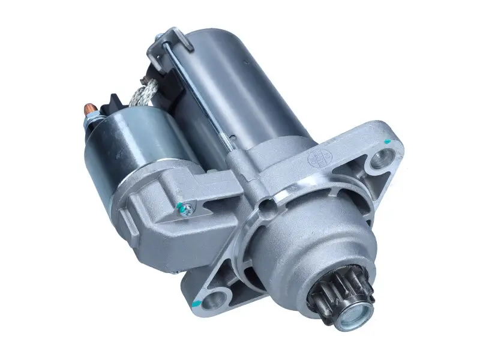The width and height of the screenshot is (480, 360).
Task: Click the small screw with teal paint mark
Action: [188, 208]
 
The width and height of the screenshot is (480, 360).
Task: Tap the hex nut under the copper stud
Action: [91, 122]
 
